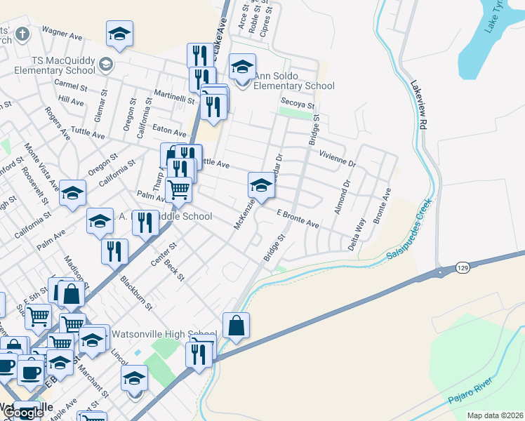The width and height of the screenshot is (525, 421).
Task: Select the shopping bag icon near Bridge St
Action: click(237, 326)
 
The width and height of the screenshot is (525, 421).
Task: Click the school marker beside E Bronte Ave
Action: click(260, 187)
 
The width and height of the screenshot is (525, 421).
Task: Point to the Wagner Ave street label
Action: click(64, 32)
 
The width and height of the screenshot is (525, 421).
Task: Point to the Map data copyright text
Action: click(495, 415)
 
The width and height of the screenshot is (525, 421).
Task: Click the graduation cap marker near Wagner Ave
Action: click(120, 33)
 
